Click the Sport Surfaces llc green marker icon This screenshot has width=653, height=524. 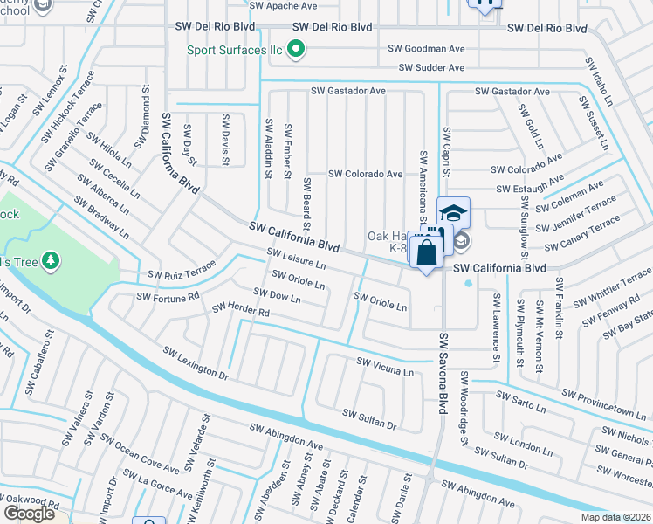(296, 49)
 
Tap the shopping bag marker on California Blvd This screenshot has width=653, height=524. (426, 252)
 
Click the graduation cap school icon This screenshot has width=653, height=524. (454, 212)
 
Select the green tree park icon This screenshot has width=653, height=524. (52, 261)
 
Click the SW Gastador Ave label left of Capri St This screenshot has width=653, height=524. (348, 91)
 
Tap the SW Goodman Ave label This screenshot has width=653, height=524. (429, 50)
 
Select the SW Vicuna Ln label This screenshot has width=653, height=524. (385, 366)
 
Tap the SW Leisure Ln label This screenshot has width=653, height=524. (296, 259)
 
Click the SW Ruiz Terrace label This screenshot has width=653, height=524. (182, 269)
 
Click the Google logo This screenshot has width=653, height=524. (29, 513)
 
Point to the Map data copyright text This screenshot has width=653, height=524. (614, 516)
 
